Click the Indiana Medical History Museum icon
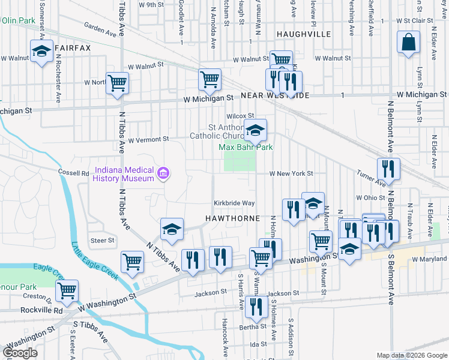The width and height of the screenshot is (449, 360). (162, 174)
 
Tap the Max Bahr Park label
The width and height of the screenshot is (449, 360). (246, 147)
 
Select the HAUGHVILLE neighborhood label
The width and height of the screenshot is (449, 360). (303, 34)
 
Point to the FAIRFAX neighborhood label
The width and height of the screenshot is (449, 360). (72, 47)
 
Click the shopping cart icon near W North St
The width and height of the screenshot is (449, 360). (117, 83)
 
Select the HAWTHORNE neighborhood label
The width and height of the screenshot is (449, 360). (232, 217)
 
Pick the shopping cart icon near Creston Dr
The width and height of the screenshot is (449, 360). (67, 291)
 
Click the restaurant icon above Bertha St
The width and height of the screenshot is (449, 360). (256, 307)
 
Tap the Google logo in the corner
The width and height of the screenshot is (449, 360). (20, 353)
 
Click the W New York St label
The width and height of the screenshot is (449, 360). (291, 173)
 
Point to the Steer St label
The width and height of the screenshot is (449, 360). (102, 241)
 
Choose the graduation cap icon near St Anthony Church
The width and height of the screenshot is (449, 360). (255, 129)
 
